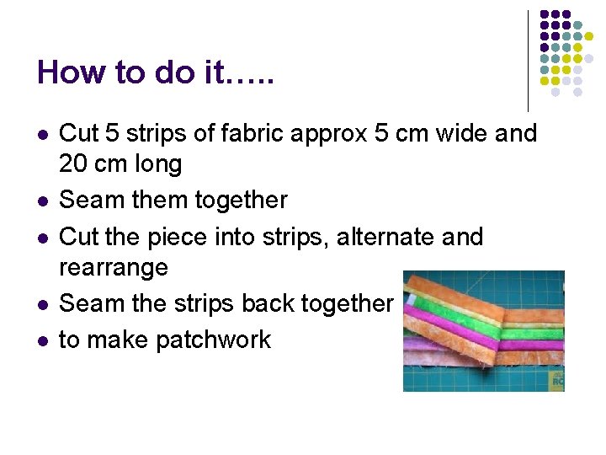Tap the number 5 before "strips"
pyautogui.click(x=112, y=133)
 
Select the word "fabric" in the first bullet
pyautogui.click(x=244, y=133)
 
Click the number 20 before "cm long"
pyautogui.click(x=73, y=163)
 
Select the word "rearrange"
pyautogui.click(x=114, y=269)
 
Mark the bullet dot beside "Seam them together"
pyautogui.click(x=43, y=201)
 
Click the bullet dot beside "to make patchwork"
pyautogui.click(x=43, y=340)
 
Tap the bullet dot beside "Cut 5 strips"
pyautogui.click(x=43, y=134)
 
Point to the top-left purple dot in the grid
pyautogui.click(x=545, y=14)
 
